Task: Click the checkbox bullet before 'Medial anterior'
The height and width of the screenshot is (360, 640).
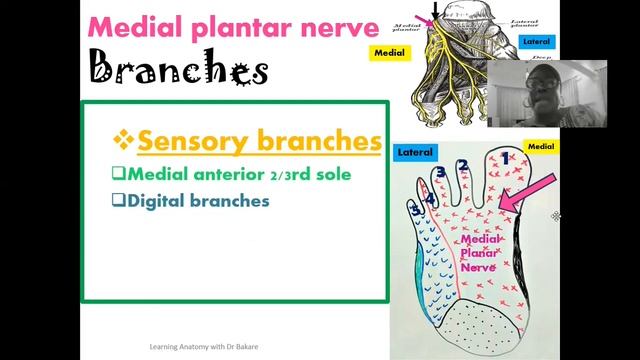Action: tap(117, 174)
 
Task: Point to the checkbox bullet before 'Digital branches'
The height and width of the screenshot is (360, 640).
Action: tap(117, 200)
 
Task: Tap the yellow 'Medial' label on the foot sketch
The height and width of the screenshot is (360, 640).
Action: tap(540, 146)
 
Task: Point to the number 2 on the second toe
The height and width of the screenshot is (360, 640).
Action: tap(463, 166)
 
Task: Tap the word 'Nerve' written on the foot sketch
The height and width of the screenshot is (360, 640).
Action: tap(478, 268)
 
